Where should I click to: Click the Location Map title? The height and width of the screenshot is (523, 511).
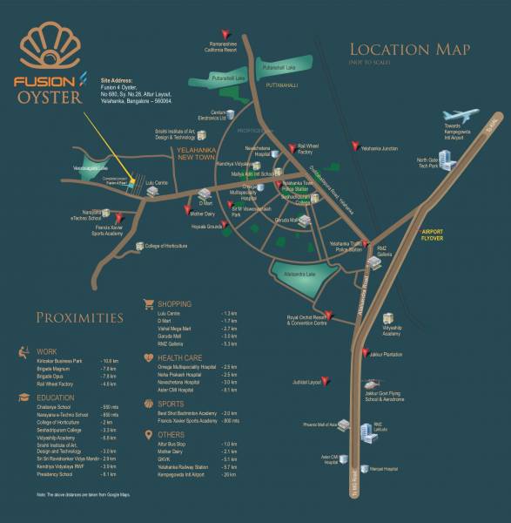click(410, 50)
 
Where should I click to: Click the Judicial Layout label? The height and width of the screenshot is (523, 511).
click(309, 382)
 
